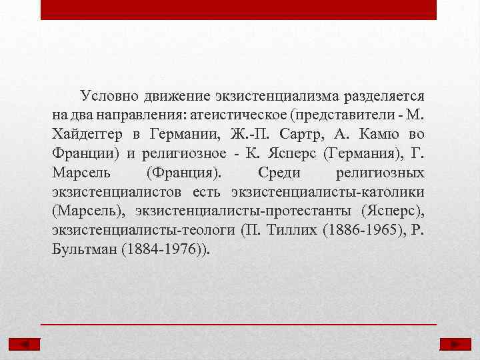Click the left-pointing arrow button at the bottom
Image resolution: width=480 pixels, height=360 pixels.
click(25, 344)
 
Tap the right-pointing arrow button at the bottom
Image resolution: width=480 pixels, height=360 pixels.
click(455, 344)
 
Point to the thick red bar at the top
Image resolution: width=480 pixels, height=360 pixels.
click(239, 9)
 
